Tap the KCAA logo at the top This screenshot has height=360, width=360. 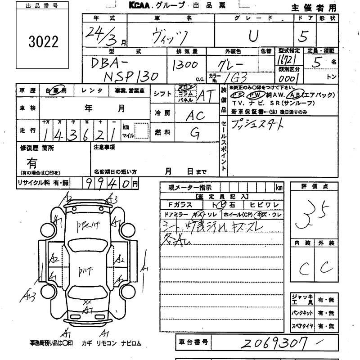point(140,6)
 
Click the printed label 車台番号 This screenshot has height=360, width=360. point(192,342)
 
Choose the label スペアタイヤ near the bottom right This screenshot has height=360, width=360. point(302,325)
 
